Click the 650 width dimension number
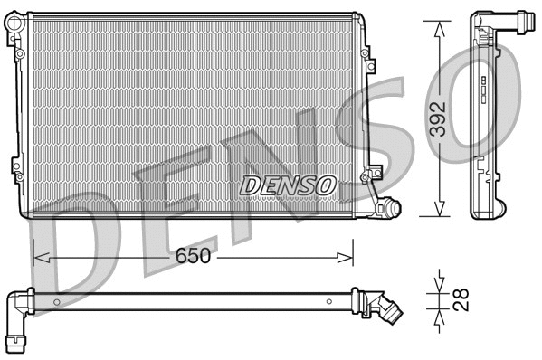[x=194, y=256]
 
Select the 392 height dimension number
[x=437, y=118]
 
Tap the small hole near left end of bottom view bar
[x=56, y=301]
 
